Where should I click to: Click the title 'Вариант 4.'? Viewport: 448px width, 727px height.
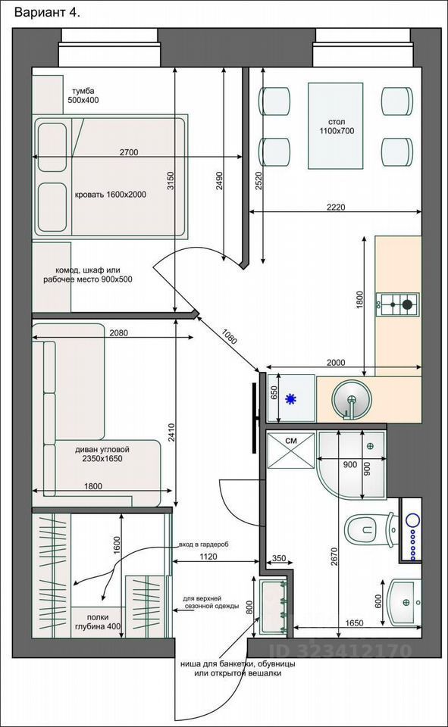point(47,13)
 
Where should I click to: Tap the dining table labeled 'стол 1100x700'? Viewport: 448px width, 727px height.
point(336,126)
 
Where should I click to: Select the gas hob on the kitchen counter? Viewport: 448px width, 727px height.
point(397,304)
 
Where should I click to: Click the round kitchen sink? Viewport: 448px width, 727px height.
point(352,400)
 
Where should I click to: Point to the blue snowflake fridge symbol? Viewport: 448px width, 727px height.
point(290,399)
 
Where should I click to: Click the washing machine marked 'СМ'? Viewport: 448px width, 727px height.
point(290,450)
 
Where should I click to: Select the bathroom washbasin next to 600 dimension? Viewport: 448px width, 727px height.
point(404,602)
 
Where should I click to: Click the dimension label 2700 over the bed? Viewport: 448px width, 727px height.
point(129,152)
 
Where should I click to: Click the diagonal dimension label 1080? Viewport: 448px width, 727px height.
point(230,336)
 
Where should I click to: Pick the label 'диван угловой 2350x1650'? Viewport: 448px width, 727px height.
point(102,454)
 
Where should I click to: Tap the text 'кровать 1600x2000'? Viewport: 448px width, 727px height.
point(111,195)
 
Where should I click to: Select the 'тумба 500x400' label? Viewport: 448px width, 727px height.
point(83,95)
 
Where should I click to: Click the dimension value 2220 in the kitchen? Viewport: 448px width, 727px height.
point(336,207)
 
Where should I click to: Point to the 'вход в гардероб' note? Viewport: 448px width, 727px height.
point(204,544)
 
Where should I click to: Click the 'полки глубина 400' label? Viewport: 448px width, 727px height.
point(98,622)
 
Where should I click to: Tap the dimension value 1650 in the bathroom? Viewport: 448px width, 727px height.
point(354,623)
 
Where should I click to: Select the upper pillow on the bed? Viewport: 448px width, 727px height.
point(52,148)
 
